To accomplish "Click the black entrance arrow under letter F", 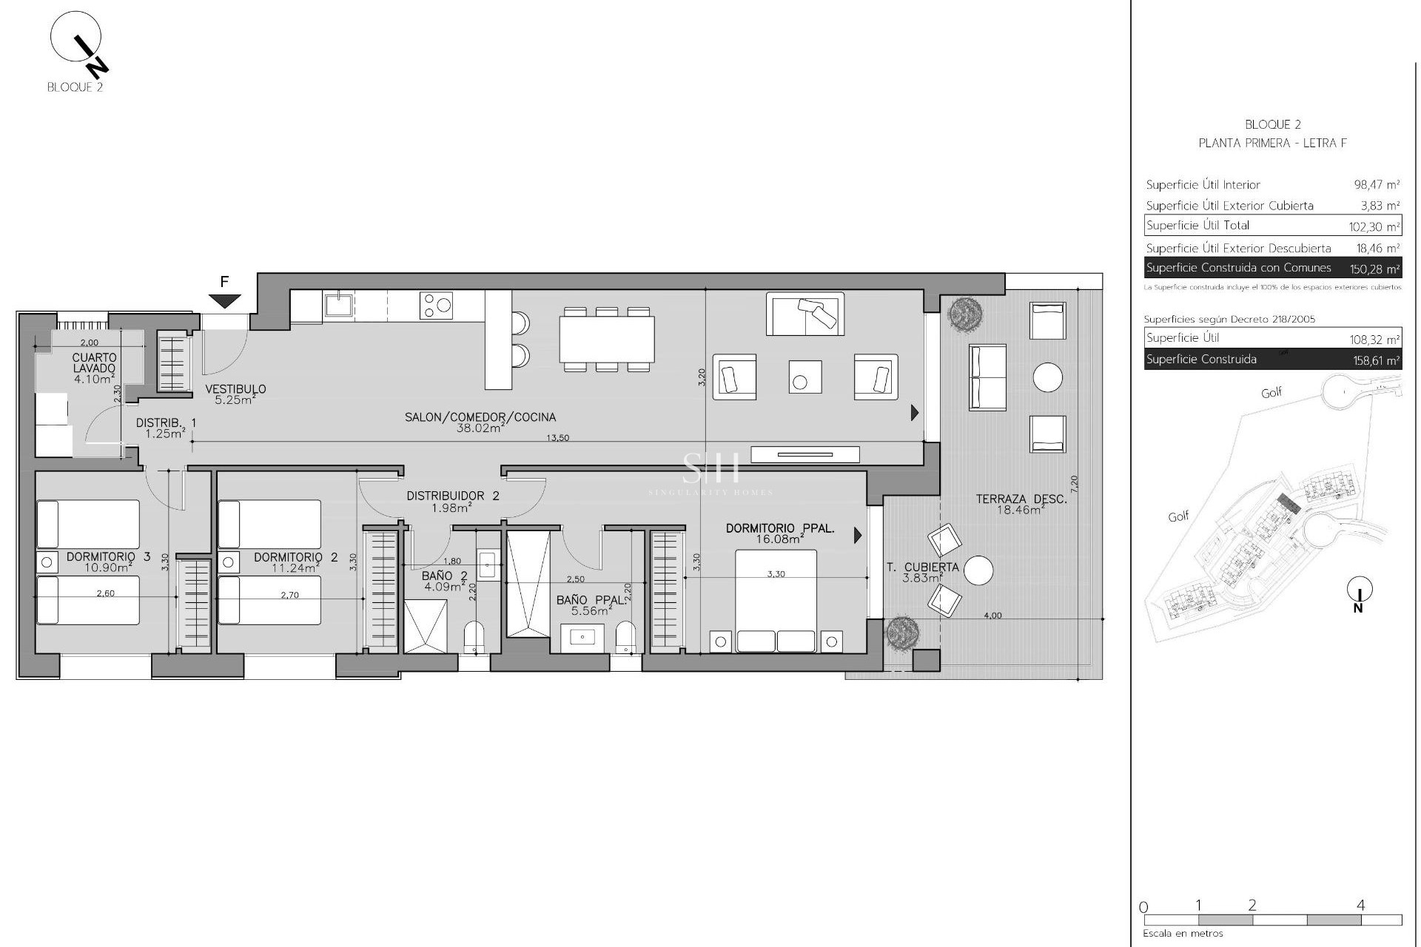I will (x=224, y=300).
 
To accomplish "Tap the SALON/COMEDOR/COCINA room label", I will (x=480, y=417).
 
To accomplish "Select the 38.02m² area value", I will (x=480, y=428).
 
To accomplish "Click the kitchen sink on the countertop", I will (x=337, y=304).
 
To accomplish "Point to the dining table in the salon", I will (x=606, y=339).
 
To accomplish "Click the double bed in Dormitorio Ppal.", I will (x=776, y=599).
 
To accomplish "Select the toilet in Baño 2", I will (x=473, y=637).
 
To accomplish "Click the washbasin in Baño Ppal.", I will (x=582, y=637).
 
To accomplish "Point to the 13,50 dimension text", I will (x=557, y=438).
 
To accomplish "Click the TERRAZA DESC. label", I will (x=1021, y=499).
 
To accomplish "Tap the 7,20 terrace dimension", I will (x=1075, y=485).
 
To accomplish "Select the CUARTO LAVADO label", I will (x=95, y=363).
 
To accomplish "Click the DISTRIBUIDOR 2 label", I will (x=452, y=496).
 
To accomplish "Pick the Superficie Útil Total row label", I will (x=1197, y=226).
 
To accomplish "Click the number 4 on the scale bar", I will (x=1360, y=905).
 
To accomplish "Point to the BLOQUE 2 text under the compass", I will (x=75, y=87).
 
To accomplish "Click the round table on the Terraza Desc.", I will (x=1047, y=377).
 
